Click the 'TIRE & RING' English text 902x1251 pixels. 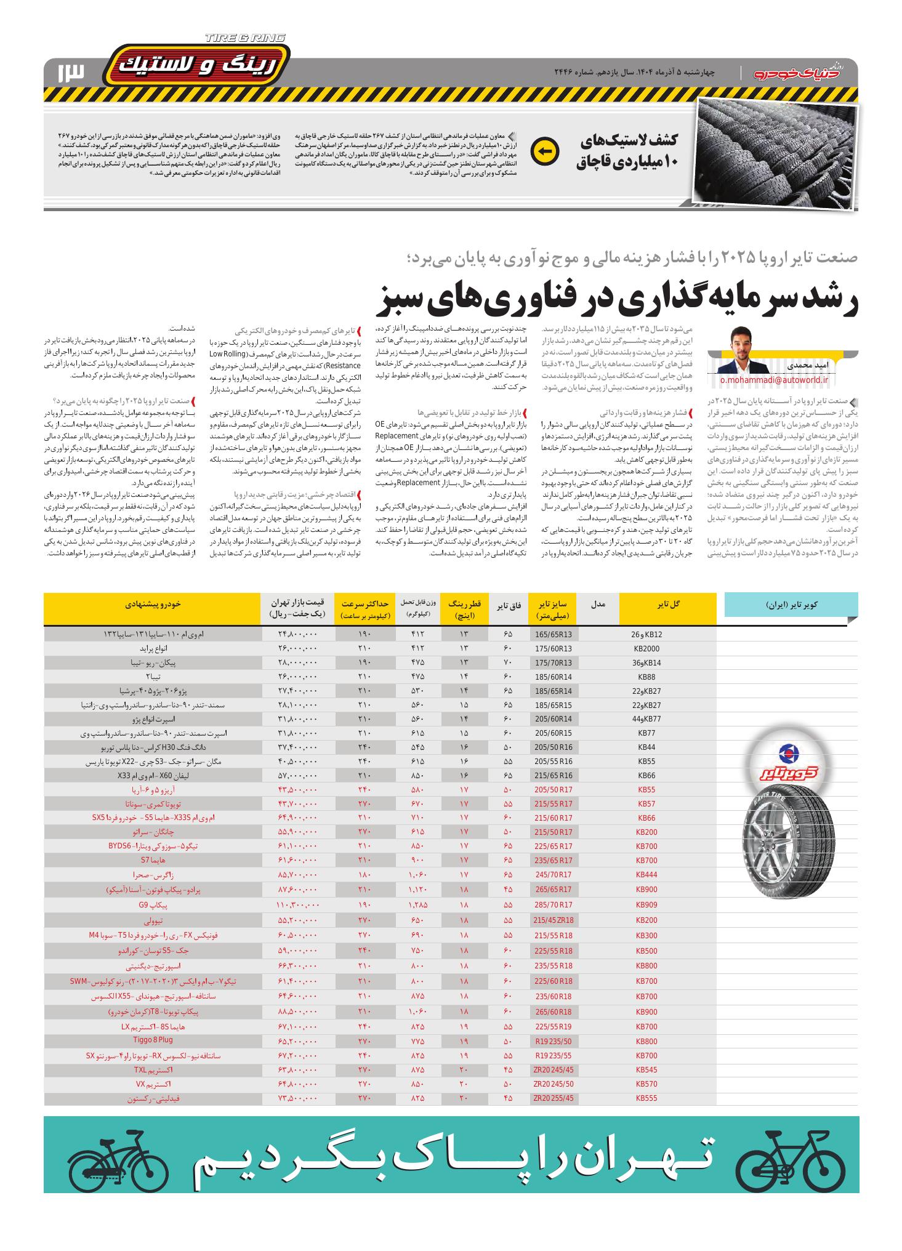[245, 38]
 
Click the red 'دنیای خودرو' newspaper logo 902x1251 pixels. [800, 72]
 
